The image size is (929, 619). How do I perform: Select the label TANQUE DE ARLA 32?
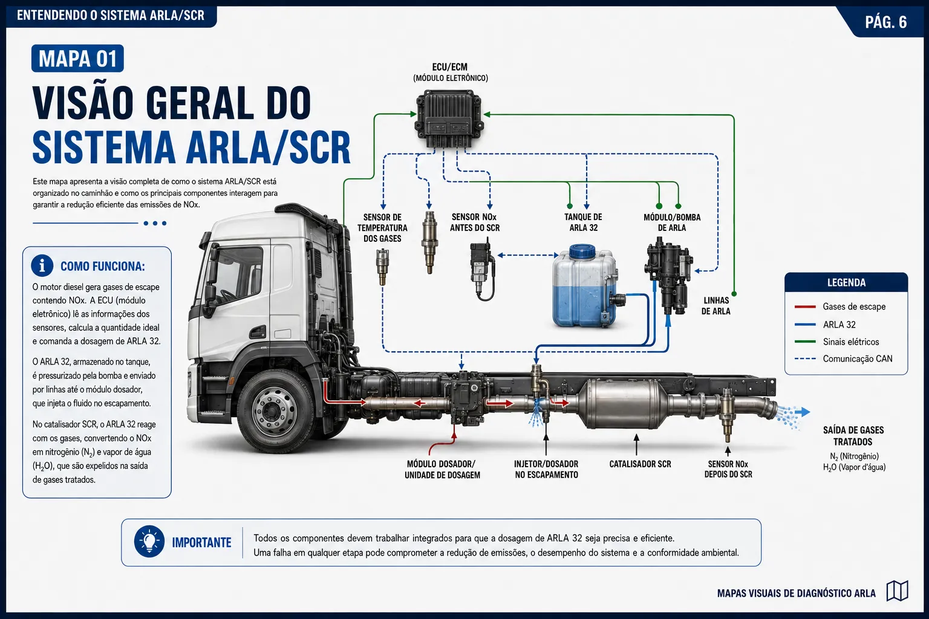(583, 222)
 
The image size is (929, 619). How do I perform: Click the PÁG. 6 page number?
(886, 22)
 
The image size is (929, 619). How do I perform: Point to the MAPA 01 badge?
(77, 59)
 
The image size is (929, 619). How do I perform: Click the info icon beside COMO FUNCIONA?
(42, 265)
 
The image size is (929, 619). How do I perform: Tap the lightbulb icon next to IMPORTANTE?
(149, 542)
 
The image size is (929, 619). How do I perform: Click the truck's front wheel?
(275, 411)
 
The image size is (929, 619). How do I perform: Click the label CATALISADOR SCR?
(640, 464)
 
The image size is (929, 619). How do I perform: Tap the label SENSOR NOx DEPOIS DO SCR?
(728, 469)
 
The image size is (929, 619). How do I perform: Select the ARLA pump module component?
(668, 276)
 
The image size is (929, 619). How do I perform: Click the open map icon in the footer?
(898, 591)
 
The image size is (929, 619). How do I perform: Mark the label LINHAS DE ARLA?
(716, 306)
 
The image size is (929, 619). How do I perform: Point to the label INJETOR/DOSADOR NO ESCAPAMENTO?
(546, 469)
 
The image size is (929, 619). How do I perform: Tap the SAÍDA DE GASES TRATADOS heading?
(853, 436)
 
